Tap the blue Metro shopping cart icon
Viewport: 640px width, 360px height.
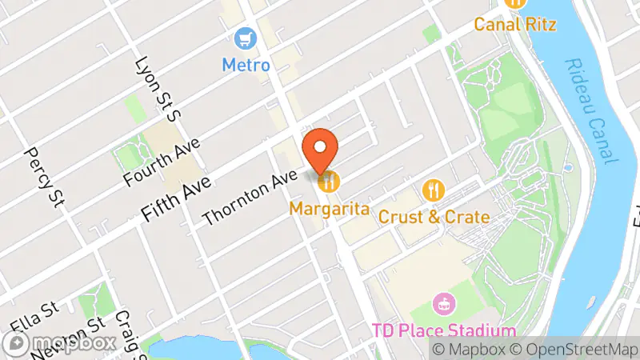click(244, 38)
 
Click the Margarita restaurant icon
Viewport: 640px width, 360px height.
click(329, 182)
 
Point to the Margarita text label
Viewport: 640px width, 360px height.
click(330, 209)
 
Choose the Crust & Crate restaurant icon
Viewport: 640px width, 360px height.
click(433, 190)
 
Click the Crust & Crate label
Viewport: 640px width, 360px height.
click(434, 216)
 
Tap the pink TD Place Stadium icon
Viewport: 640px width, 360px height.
click(442, 304)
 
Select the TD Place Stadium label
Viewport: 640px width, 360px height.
click(443, 330)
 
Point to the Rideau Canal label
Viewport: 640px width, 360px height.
click(591, 111)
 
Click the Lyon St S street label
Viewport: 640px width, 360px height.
click(159, 88)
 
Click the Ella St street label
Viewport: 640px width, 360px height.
click(35, 318)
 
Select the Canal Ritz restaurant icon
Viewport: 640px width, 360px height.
click(515, 3)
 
